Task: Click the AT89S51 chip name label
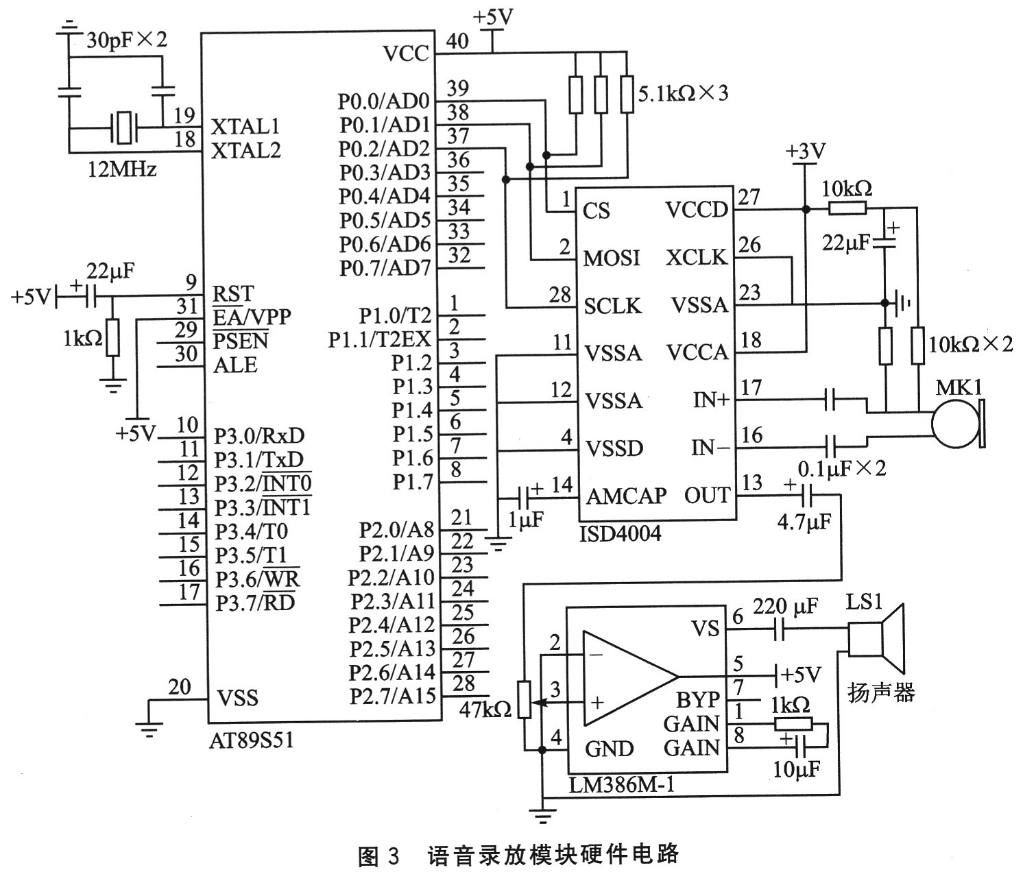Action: point(251,740)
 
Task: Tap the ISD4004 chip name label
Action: point(621,533)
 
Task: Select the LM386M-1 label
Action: point(621,784)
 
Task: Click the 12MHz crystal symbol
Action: point(124,128)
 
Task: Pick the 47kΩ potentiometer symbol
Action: point(525,700)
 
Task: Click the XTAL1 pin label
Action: point(245,127)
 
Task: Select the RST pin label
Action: point(233,294)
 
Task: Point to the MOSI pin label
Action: point(612,258)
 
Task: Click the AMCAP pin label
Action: point(626,496)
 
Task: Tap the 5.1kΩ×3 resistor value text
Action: point(683,93)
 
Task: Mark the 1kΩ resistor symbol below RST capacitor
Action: point(113,337)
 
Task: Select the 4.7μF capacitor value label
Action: point(804,523)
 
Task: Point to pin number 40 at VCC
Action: point(457,41)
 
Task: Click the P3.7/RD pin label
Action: point(255,603)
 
